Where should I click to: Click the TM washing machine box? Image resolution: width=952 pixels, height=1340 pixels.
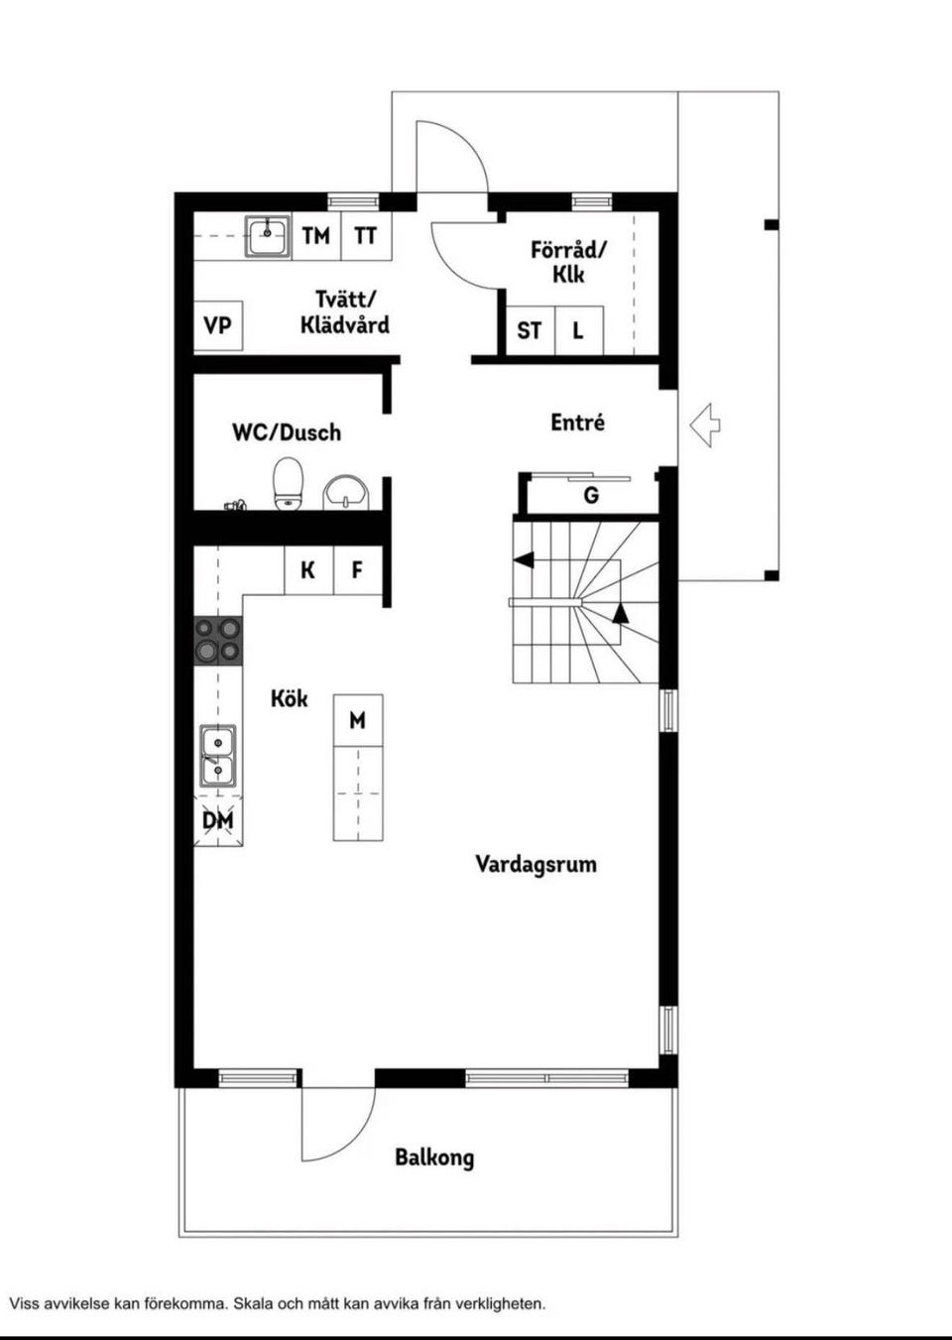click(316, 236)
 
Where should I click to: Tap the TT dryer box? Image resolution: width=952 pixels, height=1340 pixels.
click(366, 236)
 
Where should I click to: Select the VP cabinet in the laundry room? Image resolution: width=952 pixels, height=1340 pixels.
click(217, 326)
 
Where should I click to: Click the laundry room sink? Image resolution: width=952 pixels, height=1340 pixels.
click(268, 236)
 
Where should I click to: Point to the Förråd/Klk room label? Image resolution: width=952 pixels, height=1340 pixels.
click(568, 262)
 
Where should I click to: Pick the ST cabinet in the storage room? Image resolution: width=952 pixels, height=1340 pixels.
click(531, 330)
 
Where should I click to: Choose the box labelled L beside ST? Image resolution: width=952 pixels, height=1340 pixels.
click(579, 330)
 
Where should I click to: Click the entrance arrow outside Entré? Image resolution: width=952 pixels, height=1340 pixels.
click(705, 425)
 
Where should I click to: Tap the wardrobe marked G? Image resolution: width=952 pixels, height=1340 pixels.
click(590, 495)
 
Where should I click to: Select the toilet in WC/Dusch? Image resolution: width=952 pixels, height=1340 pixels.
click(289, 484)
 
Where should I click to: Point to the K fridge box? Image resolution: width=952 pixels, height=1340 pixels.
click(308, 570)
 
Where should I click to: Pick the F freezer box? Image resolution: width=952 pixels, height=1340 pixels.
click(358, 570)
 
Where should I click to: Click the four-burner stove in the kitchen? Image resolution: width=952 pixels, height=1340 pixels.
click(218, 641)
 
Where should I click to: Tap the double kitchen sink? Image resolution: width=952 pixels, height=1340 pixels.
click(217, 756)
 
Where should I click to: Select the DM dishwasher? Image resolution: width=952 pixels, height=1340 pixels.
click(218, 820)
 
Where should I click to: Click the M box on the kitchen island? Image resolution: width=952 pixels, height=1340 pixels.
click(358, 720)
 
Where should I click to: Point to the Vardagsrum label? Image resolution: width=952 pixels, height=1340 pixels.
click(535, 865)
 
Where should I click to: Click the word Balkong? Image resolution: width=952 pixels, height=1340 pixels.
click(434, 1157)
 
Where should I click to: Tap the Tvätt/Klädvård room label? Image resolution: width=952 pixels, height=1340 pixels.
click(345, 312)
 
